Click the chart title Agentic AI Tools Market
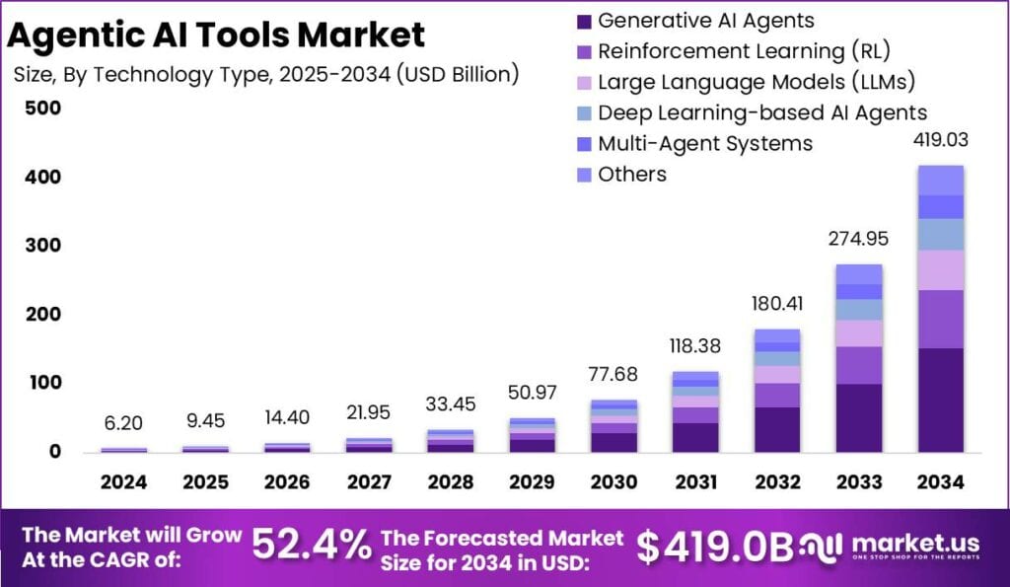pos(216,36)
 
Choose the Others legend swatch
pos(583,175)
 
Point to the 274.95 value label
pos(859,239)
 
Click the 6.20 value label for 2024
pos(123,423)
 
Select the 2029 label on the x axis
pos(532,482)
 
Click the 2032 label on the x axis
pos(777,482)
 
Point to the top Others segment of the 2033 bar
pos(859,274)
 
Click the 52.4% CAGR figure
pos(312,544)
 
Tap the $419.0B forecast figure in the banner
pos(714,545)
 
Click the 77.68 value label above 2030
pos(613,375)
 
